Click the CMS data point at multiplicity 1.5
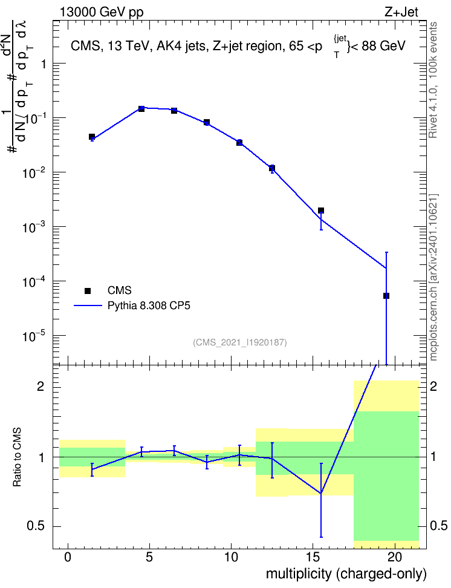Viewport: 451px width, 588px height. tap(92, 137)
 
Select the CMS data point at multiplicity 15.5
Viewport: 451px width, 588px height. tap(321, 211)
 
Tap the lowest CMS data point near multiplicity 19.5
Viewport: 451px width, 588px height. tap(386, 296)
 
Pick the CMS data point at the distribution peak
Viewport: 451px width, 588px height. tap(141, 109)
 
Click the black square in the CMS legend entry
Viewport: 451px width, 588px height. tap(88, 290)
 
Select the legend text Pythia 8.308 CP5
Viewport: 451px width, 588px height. tap(149, 305)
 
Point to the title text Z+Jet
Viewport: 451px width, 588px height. tap(401, 12)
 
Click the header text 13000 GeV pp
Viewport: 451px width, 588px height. tap(102, 13)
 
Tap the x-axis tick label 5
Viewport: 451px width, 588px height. tap(149, 558)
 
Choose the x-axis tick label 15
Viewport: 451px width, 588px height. tap(313, 558)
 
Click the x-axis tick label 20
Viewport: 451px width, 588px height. tap(394, 558)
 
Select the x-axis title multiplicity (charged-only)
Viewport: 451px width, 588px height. tap(346, 574)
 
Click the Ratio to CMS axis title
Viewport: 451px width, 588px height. tap(17, 457)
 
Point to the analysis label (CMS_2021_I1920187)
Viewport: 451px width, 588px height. tap(240, 342)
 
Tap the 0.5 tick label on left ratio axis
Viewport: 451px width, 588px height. tap(36, 526)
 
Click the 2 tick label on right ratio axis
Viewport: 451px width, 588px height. tap(433, 387)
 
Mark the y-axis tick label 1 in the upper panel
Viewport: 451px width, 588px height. tap(43, 64)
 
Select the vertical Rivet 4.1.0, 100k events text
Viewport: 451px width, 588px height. tap(433, 80)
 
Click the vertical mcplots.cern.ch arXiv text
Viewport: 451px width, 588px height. tap(433, 278)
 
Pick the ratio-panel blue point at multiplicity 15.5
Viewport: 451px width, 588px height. tap(321, 493)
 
